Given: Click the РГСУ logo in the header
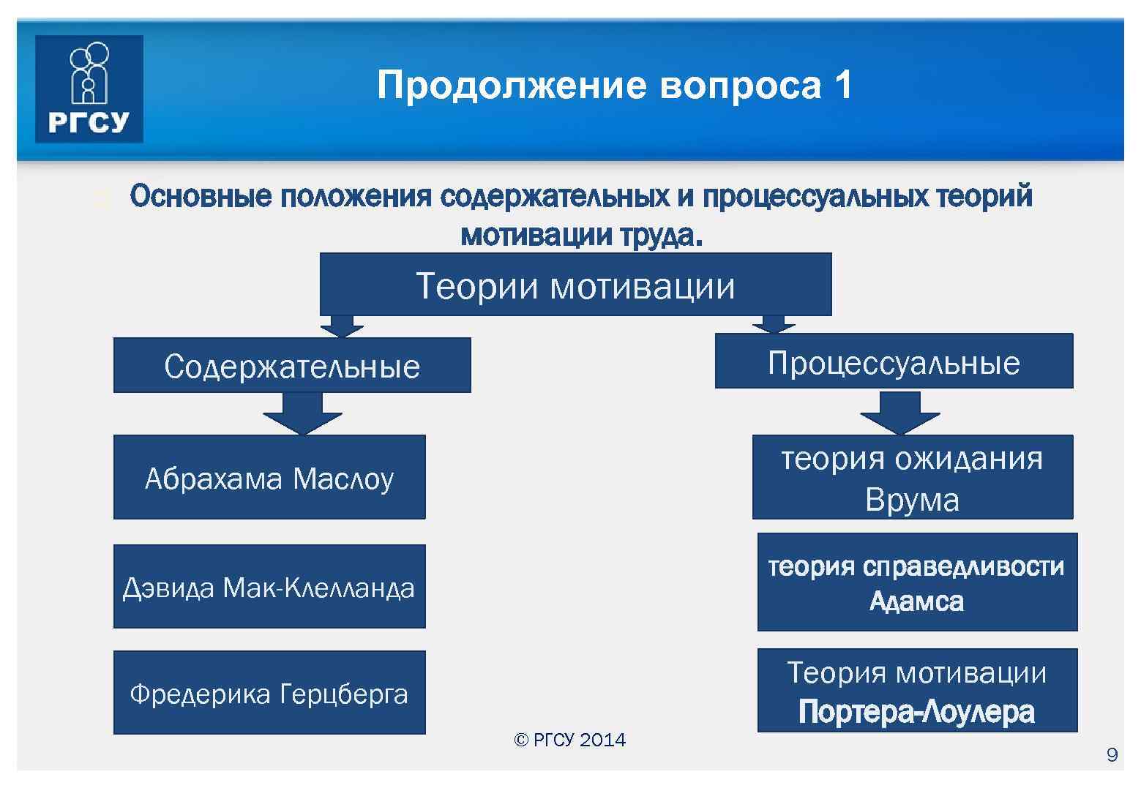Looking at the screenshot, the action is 89,89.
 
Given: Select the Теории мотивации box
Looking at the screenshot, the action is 575,285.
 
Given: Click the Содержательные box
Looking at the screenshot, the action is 291,365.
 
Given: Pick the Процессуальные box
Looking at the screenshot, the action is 894,361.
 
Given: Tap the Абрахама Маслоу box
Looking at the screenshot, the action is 269,478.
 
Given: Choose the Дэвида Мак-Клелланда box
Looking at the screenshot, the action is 269,587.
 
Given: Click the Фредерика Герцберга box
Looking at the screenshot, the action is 269,693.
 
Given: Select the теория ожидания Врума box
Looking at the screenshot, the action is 912,478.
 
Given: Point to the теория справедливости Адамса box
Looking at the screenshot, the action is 917,582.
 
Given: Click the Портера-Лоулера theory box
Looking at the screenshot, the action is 917,691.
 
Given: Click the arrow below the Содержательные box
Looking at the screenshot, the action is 302,414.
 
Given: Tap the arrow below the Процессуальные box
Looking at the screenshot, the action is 899,413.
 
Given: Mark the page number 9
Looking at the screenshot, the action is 1112,755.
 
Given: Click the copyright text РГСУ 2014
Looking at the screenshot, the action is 570,740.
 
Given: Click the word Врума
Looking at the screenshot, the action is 912,500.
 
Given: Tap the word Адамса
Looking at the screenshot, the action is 916,601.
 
